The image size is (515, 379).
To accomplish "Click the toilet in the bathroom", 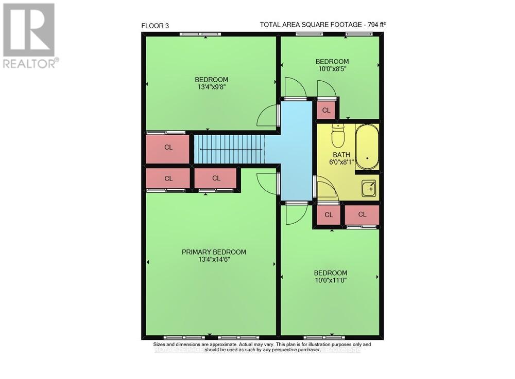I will tap(338, 137).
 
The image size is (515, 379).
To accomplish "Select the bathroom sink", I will tap(369, 188).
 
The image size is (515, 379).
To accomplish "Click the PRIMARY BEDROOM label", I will tap(214, 252).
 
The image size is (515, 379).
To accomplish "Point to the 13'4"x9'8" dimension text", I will tap(211, 87).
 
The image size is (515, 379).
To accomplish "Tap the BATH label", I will tap(341, 155).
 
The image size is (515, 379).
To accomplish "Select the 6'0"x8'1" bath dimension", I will tap(341, 162).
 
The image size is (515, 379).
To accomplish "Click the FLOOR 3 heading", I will tap(155, 25).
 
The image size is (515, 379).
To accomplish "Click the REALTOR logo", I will tap(29, 36).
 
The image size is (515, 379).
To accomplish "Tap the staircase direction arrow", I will tap(227, 150).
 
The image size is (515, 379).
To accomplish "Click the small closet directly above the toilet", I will tap(326, 110).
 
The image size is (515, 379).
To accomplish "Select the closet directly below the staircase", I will tap(216, 178).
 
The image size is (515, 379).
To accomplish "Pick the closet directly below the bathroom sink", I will tap(362, 214).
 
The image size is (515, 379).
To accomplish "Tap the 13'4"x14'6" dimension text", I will tap(214, 260).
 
